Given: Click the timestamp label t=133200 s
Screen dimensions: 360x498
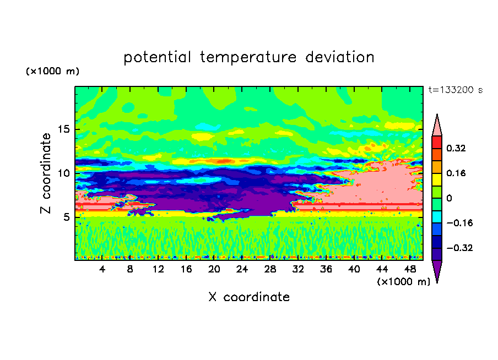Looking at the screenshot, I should coord(455,90).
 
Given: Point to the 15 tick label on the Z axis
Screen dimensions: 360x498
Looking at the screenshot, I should coord(63,130).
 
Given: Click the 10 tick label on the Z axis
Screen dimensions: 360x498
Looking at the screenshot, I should coord(63,173).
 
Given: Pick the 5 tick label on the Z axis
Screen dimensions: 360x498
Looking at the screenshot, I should coord(67,217).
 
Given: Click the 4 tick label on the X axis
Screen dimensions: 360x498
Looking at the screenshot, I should coord(102,269).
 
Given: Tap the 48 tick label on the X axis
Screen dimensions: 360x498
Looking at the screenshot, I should coord(410,269).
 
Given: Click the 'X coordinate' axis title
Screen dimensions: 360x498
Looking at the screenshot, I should coord(249,297).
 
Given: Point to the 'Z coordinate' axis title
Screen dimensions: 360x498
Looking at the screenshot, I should coord(46,173).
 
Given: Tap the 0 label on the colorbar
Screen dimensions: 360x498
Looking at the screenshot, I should coord(449,198).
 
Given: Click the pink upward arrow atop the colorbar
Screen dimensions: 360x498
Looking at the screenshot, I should coord(437,125).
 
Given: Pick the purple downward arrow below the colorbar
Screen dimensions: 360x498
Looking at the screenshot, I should coord(437,271).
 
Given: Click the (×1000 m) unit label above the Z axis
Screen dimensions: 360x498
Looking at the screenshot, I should coord(52,72).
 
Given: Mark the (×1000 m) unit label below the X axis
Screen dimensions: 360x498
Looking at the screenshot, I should coord(404,281).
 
